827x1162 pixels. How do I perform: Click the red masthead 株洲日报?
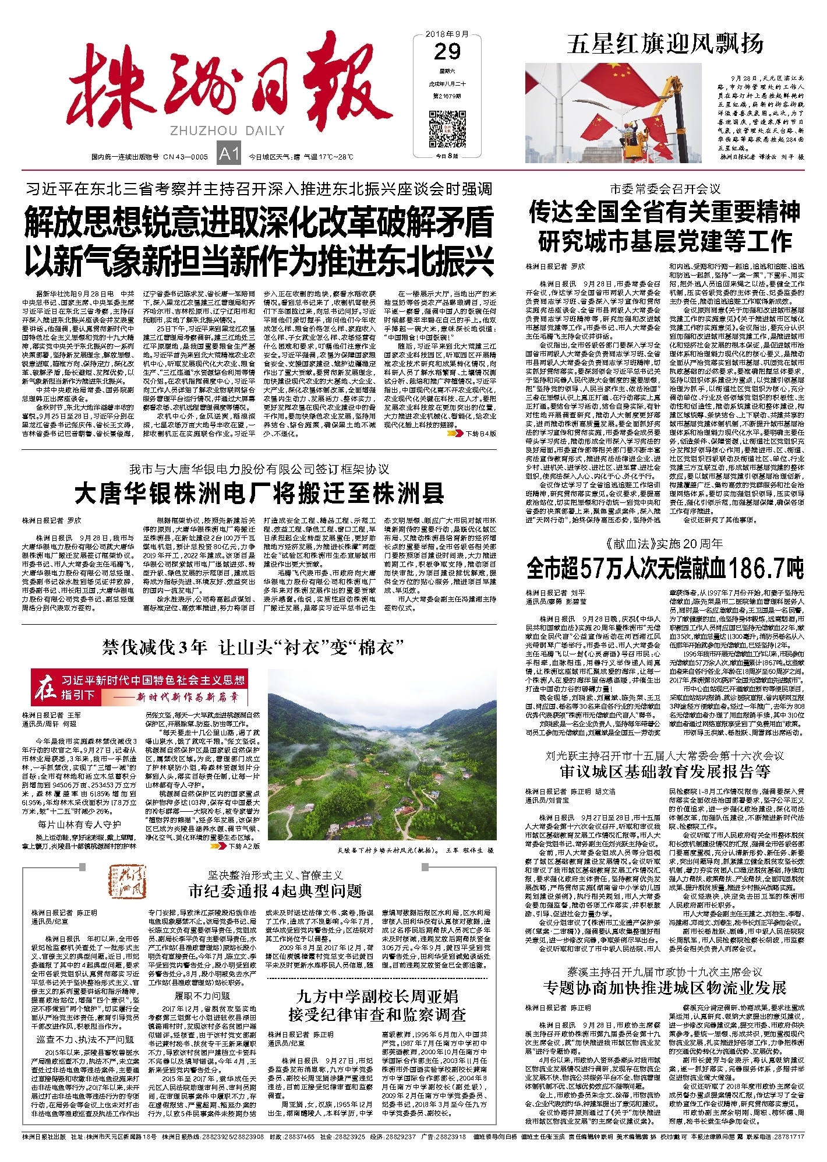[x=227, y=87]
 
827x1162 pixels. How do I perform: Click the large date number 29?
[x=447, y=52]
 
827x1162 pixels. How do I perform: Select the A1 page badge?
[x=229, y=154]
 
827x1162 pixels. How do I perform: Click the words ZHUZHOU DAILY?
[x=227, y=131]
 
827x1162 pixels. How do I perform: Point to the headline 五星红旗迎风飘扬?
[x=665, y=44]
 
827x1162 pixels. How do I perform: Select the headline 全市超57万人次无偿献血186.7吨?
[x=665, y=568]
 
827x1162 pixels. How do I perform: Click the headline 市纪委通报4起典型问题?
[x=275, y=890]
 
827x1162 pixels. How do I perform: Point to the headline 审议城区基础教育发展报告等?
[x=665, y=772]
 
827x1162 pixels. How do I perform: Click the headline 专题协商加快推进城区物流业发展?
[x=665, y=987]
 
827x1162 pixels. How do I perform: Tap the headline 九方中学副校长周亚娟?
[x=377, y=996]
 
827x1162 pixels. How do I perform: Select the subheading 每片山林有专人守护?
[x=79, y=824]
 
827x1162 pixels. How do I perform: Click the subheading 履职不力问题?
[x=202, y=996]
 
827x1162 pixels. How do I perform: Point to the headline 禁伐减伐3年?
[x=154, y=647]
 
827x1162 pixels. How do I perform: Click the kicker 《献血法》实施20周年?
[x=665, y=544]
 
